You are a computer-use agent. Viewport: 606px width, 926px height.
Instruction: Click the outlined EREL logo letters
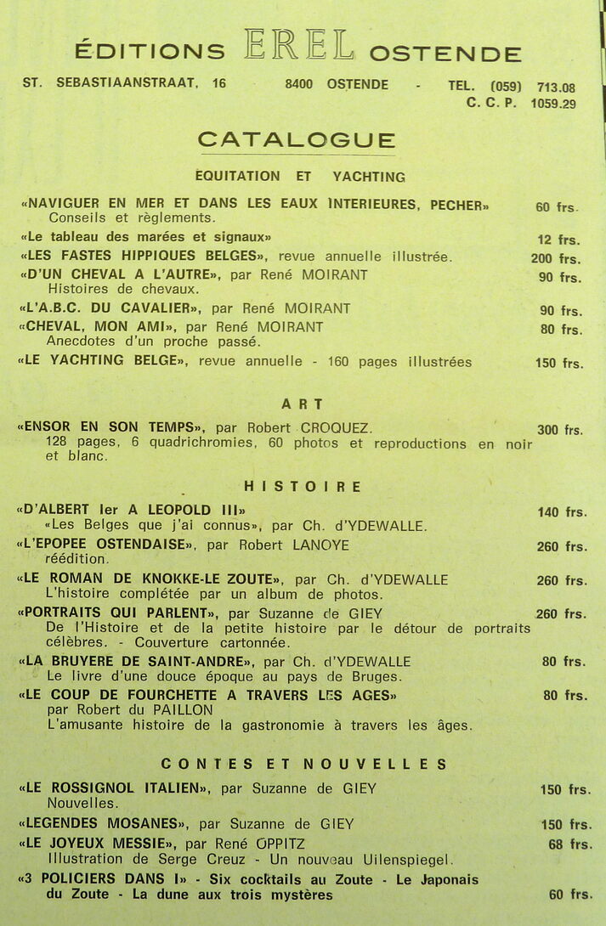pyautogui.click(x=298, y=46)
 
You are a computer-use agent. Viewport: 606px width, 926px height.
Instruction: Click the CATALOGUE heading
pyautogui.click(x=297, y=140)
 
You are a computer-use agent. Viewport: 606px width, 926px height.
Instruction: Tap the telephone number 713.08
pyautogui.click(x=556, y=87)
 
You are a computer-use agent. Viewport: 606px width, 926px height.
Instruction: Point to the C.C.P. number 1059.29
pyautogui.click(x=552, y=104)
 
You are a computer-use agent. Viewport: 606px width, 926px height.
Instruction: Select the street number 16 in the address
pyautogui.click(x=219, y=83)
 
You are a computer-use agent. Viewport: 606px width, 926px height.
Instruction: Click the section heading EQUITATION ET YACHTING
pyautogui.click(x=299, y=177)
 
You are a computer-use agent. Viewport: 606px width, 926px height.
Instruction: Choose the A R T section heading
pyautogui.click(x=302, y=404)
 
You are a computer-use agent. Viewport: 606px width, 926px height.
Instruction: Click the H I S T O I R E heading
pyautogui.click(x=302, y=487)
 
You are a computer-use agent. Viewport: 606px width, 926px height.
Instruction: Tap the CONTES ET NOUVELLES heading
pyautogui.click(x=303, y=764)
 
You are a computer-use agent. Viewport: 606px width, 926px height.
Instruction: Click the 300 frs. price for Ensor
pyautogui.click(x=559, y=430)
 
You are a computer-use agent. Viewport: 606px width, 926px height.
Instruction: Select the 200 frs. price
pyautogui.click(x=556, y=258)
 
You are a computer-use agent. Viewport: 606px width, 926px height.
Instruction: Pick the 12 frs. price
pyautogui.click(x=558, y=240)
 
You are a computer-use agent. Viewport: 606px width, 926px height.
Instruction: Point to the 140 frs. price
pyautogui.click(x=561, y=511)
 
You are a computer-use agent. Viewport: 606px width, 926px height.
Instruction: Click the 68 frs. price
pyautogui.click(x=569, y=844)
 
